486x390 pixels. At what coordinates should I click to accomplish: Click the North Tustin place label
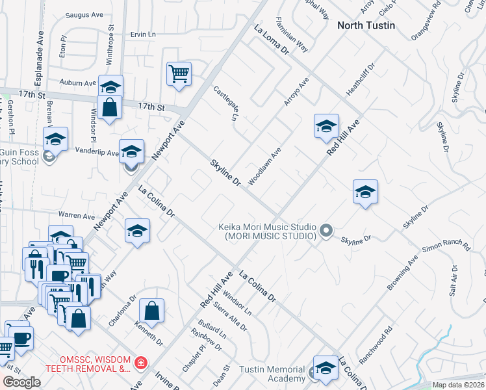pyautogui.click(x=366, y=25)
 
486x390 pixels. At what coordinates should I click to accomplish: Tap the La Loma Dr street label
pyautogui.click(x=271, y=40)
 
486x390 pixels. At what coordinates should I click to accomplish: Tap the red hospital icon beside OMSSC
pyautogui.click(x=140, y=362)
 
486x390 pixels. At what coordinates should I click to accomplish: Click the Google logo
pyautogui.click(x=21, y=382)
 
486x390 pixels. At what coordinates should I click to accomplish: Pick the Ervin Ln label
pyautogui.click(x=144, y=34)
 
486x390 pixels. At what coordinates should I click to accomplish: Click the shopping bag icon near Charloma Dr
pyautogui.click(x=151, y=311)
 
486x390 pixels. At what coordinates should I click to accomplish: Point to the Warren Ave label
pyautogui.click(x=76, y=214)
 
